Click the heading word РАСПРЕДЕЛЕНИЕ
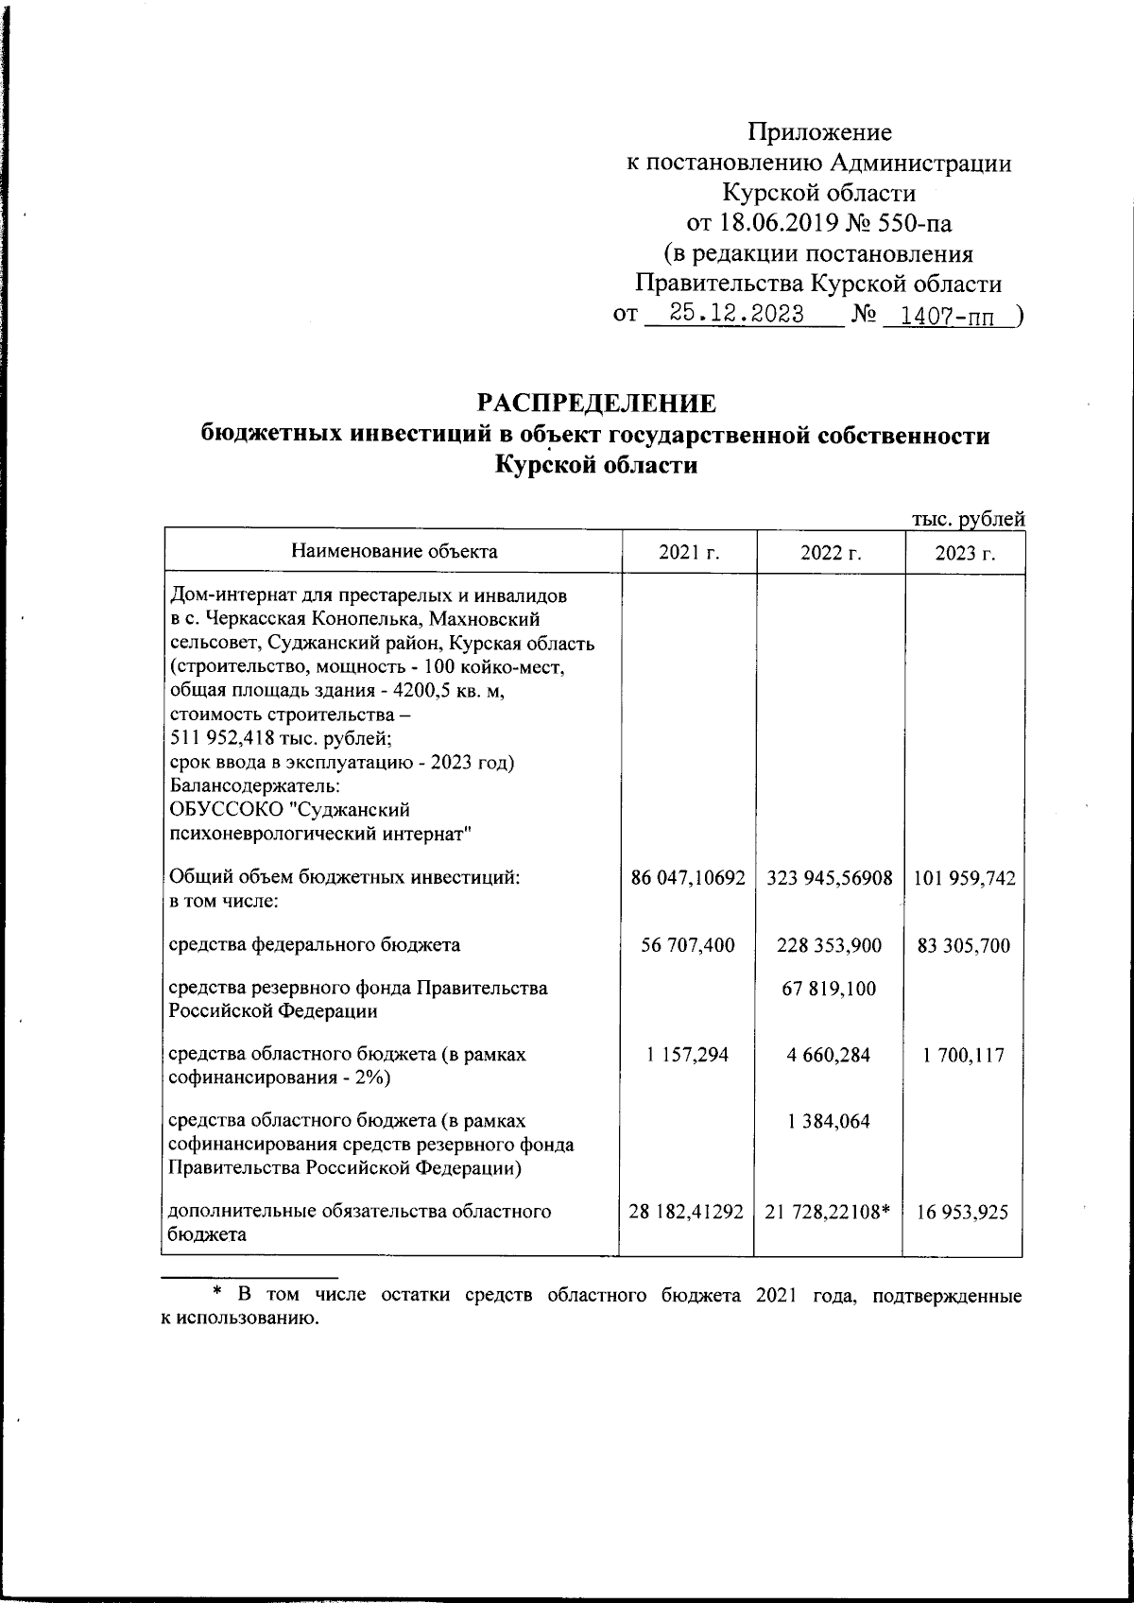(596, 403)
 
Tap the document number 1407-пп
(947, 316)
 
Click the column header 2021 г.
(689, 553)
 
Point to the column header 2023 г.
(965, 553)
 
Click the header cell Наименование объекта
(393, 550)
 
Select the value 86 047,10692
(689, 878)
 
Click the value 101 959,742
(965, 878)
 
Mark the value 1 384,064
(829, 1121)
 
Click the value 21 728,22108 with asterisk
(829, 1211)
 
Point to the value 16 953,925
(965, 1211)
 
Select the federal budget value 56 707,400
(688, 944)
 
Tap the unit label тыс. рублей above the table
(968, 518)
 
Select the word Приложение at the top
(819, 132)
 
